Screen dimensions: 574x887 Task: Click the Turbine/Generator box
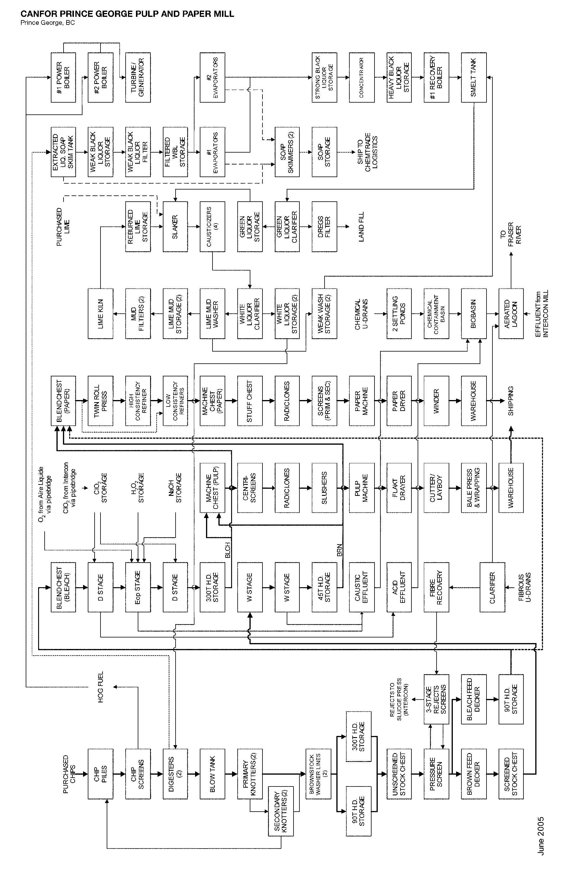[x=138, y=77]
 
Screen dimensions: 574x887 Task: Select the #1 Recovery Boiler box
[x=436, y=77]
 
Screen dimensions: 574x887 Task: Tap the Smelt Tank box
[x=474, y=77]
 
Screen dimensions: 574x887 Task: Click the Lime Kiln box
[x=100, y=313]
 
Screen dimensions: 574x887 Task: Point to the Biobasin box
[x=474, y=313]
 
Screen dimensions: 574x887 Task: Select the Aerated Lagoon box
[x=511, y=313]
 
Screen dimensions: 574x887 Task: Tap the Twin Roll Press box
[x=100, y=401]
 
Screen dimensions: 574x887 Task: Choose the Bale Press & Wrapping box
[x=474, y=488]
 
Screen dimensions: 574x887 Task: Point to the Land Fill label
[x=361, y=226]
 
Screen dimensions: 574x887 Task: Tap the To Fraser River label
[x=511, y=233]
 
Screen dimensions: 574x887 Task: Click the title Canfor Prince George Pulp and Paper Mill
[x=127, y=14]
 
